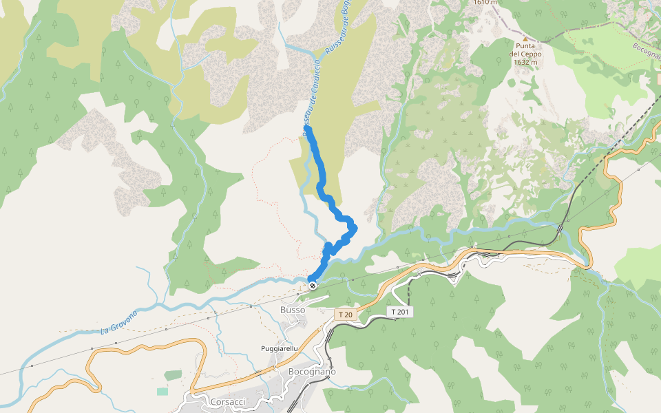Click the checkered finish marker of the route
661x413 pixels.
313,285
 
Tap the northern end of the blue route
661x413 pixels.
306,129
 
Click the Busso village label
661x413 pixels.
292,310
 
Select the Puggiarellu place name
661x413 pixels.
280,348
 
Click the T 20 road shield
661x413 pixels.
345,315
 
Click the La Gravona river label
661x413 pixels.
119,322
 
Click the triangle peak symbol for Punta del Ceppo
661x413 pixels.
525,39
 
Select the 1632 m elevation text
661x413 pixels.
525,62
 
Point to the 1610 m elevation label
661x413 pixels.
485,2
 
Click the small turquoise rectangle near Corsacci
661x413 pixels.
162,391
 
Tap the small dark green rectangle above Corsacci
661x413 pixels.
173,375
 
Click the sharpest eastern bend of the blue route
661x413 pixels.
355,227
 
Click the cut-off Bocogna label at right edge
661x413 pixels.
647,52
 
